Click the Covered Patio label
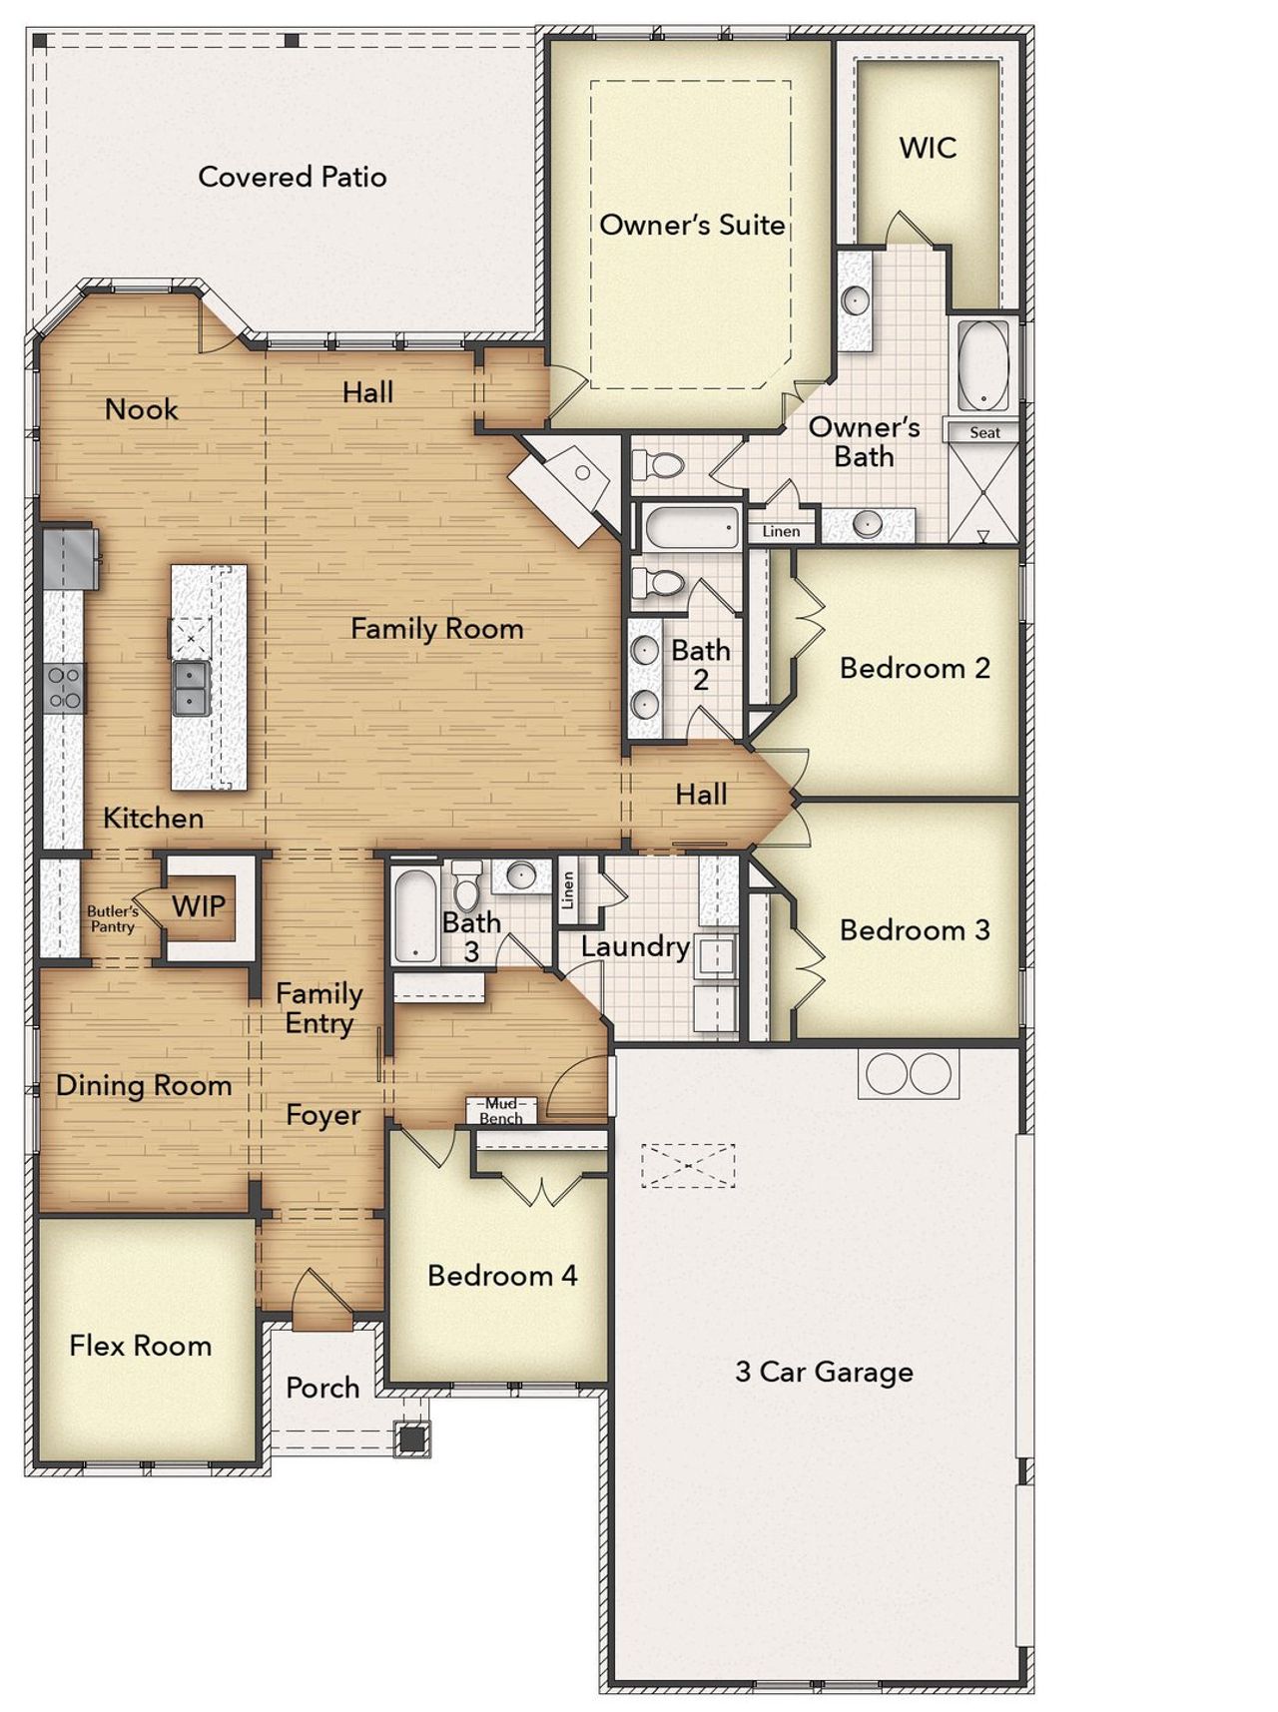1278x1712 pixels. click(293, 177)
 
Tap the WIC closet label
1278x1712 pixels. click(928, 148)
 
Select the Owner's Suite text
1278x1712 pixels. click(692, 225)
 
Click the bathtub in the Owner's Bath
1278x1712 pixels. click(983, 365)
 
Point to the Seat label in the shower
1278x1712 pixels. click(984, 432)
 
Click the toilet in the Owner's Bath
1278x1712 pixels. click(658, 465)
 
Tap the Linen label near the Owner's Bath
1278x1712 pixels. click(781, 531)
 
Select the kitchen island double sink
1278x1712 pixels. click(190, 688)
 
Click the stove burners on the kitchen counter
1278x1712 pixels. click(65, 688)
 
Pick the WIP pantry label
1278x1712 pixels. click(199, 906)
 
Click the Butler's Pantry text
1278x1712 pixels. click(112, 918)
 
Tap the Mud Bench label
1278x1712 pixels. click(501, 1110)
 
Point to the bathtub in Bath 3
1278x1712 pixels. click(414, 915)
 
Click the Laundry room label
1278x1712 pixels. click(635, 946)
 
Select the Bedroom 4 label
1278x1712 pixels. click(502, 1275)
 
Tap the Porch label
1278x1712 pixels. click(322, 1387)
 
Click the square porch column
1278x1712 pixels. click(411, 1438)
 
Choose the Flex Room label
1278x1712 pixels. click(141, 1346)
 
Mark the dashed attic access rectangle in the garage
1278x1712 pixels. click(688, 1165)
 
